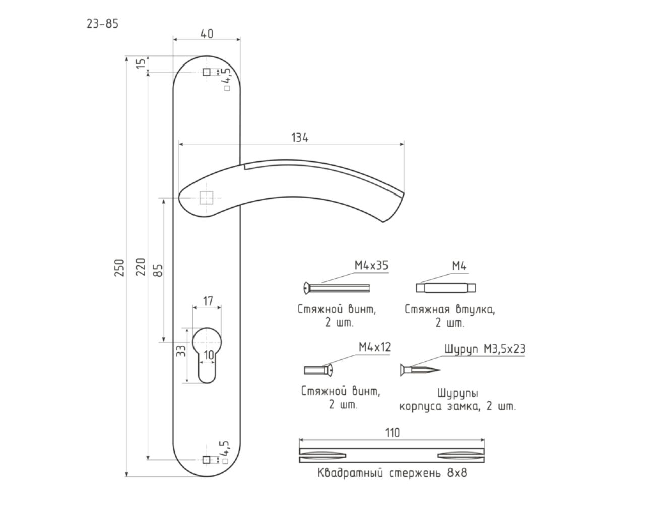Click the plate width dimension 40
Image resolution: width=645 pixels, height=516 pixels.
pyautogui.click(x=206, y=33)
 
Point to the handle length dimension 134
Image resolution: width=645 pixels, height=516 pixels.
pyautogui.click(x=300, y=138)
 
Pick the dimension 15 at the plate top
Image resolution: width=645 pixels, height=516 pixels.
pyautogui.click(x=142, y=63)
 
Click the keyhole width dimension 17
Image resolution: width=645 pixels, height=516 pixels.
pyautogui.click(x=207, y=301)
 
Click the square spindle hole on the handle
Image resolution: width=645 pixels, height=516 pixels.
pyautogui.click(x=206, y=198)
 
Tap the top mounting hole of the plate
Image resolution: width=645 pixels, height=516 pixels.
pyautogui.click(x=207, y=73)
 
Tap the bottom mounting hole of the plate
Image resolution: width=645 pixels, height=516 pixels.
pyautogui.click(x=207, y=460)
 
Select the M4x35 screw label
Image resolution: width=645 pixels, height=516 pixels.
pyautogui.click(x=371, y=266)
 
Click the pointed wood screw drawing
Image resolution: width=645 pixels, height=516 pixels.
pyautogui.click(x=421, y=370)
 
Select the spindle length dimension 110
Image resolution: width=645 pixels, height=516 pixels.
pyautogui.click(x=392, y=433)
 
